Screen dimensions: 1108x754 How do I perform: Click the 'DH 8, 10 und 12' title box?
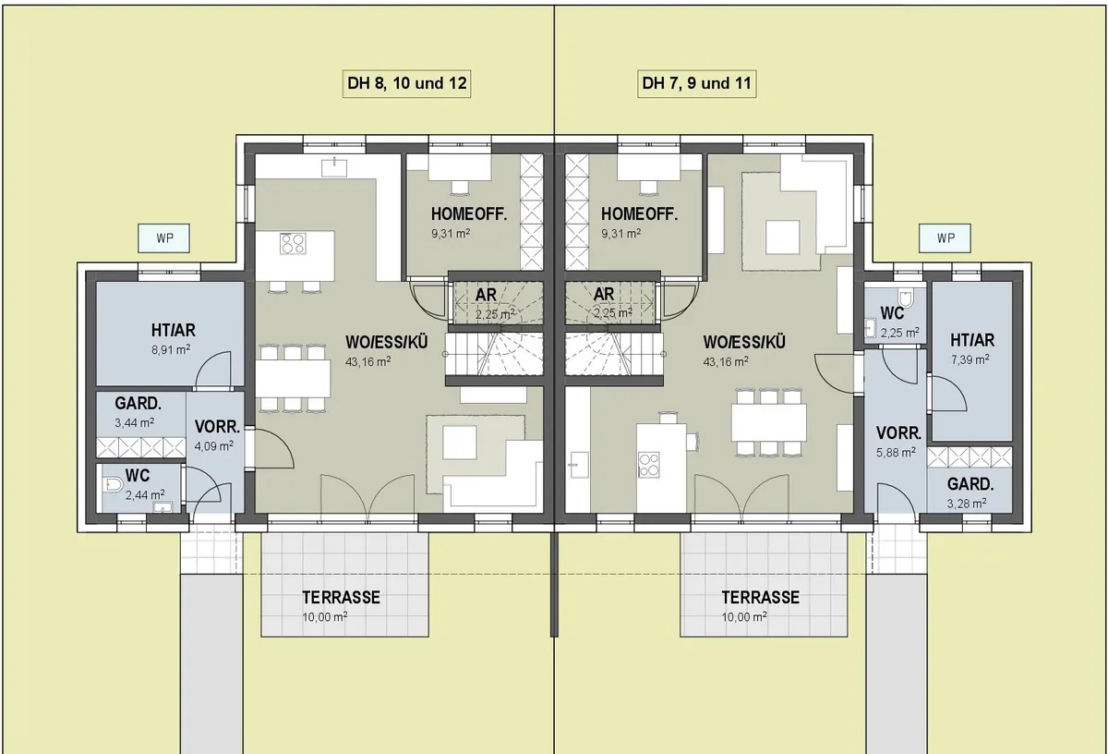coord(406,83)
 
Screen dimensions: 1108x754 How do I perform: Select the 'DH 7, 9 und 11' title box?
coord(696,83)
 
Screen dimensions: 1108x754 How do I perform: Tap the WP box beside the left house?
coord(163,238)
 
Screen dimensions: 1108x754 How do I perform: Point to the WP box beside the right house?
coord(945,238)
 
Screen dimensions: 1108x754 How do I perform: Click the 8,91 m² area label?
coord(171,349)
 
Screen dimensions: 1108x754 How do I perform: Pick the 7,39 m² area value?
coord(970,359)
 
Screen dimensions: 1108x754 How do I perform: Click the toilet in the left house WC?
coord(113,485)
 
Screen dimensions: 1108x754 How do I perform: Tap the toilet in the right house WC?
coord(905,298)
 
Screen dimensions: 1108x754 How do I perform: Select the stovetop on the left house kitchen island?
coord(293,244)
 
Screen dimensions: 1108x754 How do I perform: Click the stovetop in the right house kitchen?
coord(648,466)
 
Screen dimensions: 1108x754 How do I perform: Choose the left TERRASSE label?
coord(342,598)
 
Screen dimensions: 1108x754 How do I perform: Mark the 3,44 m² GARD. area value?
coord(134,423)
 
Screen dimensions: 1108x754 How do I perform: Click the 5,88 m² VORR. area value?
coord(896,453)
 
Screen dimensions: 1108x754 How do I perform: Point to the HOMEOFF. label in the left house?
coord(469,214)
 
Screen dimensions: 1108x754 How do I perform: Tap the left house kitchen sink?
coord(334,167)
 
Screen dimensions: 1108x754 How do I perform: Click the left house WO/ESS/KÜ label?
coord(386,342)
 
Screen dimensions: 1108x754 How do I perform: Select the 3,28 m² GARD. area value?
coord(967,504)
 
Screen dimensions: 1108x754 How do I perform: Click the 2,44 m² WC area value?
coord(145,494)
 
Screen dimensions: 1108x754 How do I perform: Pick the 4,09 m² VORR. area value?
coord(213,446)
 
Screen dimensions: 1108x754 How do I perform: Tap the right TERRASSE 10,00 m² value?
coord(744,617)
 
